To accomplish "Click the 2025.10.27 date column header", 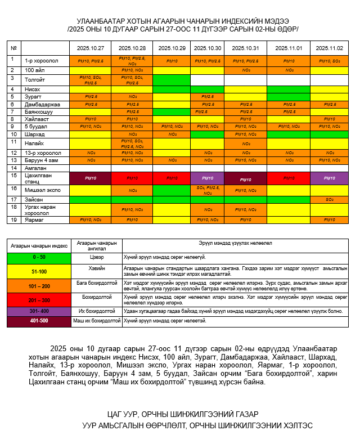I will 90,48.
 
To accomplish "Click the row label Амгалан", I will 35,168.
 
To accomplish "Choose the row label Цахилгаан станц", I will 38,178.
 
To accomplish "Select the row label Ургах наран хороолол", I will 42,209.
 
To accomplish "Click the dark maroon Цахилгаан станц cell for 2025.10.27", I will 90,178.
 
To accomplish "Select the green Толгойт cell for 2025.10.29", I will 172,79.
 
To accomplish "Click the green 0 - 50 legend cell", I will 38,257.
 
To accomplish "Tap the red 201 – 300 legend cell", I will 38,300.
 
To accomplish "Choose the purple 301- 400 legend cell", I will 38,311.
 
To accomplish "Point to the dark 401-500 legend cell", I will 38,321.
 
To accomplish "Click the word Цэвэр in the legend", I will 96,257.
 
